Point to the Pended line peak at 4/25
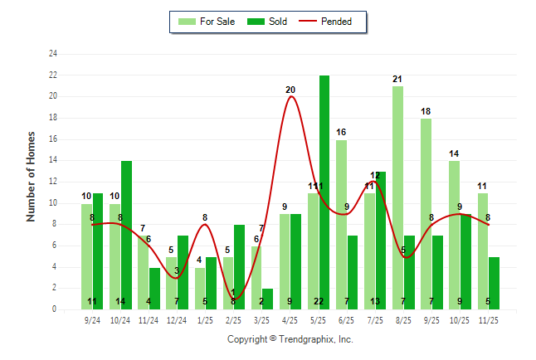pos(290,97)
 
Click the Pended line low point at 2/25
pos(233,299)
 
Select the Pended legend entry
pos(331,22)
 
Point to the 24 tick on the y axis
pos(53,54)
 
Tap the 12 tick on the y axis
pos(53,182)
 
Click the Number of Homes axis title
pos(32,176)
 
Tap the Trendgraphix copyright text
pos(290,339)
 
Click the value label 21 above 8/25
pos(397,79)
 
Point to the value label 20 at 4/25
pos(290,90)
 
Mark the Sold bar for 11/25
pos(494,283)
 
